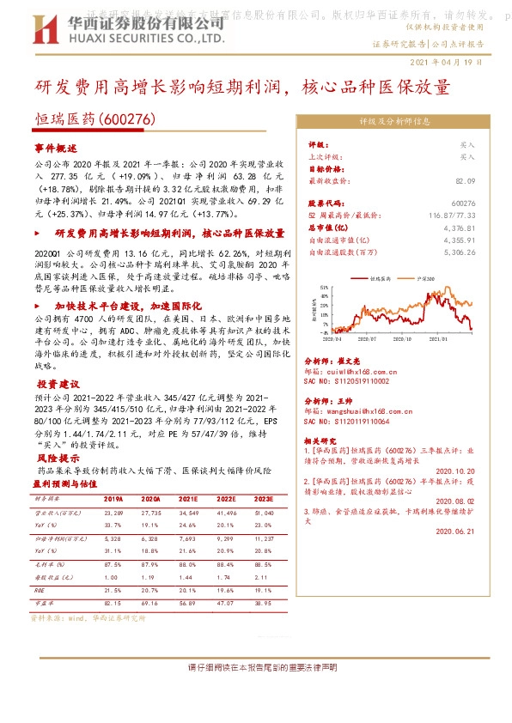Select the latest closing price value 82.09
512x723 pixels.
[x=465, y=182]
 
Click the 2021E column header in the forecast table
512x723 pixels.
[x=188, y=499]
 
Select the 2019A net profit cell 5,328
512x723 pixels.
[x=113, y=538]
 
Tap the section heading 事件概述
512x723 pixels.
[x=56, y=148]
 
